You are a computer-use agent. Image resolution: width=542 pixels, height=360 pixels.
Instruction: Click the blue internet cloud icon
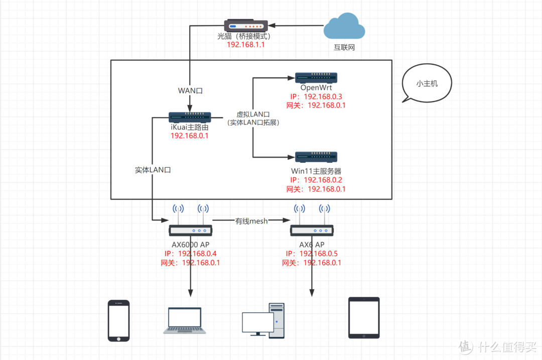(x=344, y=27)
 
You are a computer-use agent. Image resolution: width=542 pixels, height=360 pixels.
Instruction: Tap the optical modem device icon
(x=245, y=25)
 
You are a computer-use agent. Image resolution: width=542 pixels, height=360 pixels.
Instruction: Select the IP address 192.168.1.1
(x=245, y=45)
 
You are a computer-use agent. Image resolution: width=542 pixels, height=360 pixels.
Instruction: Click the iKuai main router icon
(x=190, y=117)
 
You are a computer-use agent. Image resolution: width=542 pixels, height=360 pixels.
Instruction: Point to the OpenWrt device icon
(x=316, y=77)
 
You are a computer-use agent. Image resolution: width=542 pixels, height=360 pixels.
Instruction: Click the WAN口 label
(x=190, y=91)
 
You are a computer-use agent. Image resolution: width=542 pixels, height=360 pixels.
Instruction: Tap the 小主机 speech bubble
(x=427, y=84)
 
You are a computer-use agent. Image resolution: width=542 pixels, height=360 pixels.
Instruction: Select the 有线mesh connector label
(x=251, y=221)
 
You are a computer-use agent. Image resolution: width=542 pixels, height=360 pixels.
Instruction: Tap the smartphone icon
(x=118, y=321)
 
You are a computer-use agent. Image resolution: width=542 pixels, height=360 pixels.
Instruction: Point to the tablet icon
(x=364, y=318)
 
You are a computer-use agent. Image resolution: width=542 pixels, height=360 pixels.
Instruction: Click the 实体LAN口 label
(x=153, y=170)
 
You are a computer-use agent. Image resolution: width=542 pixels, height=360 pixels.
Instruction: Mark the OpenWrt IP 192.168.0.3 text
(x=323, y=97)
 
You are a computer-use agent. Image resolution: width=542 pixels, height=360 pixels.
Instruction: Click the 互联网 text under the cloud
(x=344, y=48)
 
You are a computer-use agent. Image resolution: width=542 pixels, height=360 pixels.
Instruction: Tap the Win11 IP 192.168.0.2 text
(x=323, y=180)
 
